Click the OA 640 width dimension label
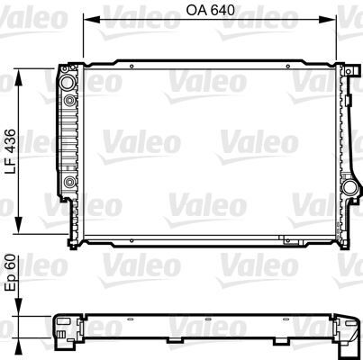tap(211, 14)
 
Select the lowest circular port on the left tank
tap(69, 184)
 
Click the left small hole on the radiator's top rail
tap(132, 67)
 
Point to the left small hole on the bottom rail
tap(132, 240)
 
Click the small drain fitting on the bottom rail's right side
tap(287, 240)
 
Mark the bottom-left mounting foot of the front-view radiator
tap(72, 242)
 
